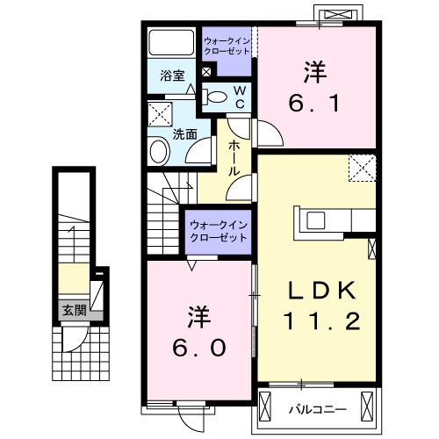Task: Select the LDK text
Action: pyautogui.click(x=320, y=291)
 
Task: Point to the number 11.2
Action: pyautogui.click(x=320, y=322)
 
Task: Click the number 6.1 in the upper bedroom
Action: pyautogui.click(x=313, y=103)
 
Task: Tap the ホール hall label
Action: pyautogui.click(x=234, y=158)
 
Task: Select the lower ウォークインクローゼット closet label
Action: pyautogui.click(x=219, y=233)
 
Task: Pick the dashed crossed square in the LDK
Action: pyautogui.click(x=362, y=168)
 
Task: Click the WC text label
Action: pyautogui.click(x=236, y=97)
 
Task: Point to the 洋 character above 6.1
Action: pyautogui.click(x=314, y=69)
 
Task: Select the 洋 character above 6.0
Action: pyautogui.click(x=198, y=313)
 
